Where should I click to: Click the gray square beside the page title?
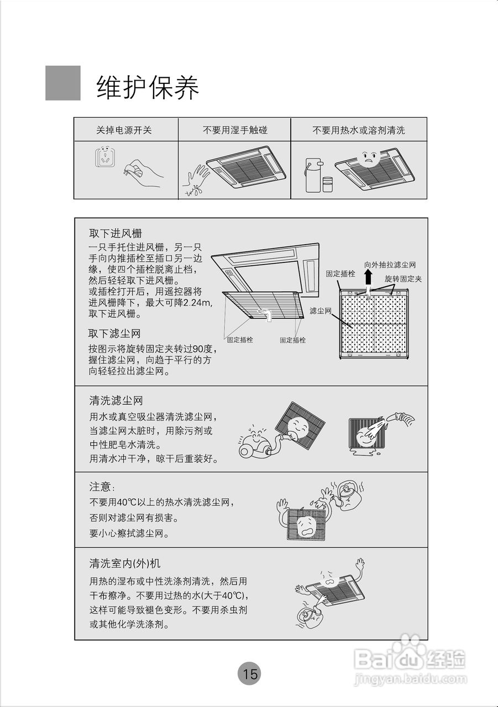(62, 83)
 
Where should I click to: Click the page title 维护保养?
(148, 87)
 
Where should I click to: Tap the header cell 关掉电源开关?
(124, 130)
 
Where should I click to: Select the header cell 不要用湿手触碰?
(235, 130)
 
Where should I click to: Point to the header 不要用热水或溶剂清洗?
(359, 130)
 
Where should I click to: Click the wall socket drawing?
(105, 157)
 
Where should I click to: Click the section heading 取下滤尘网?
(114, 334)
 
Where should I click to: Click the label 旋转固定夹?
(403, 279)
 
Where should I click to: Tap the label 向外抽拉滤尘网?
(390, 265)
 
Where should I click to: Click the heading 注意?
(102, 487)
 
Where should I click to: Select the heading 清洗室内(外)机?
(125, 563)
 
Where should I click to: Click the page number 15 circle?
(249, 674)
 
